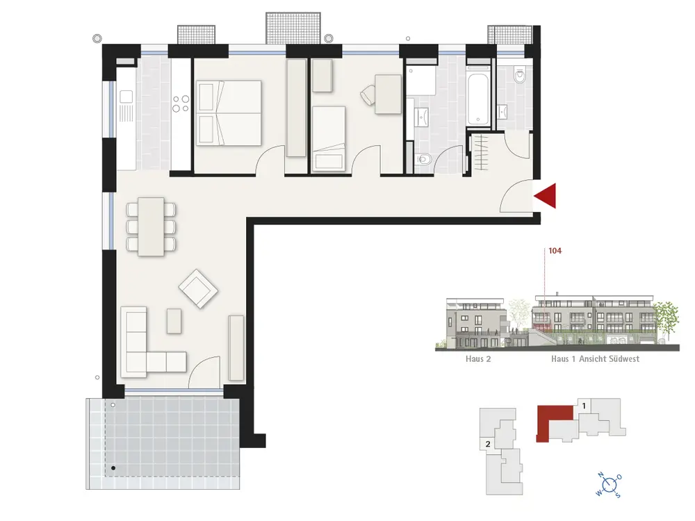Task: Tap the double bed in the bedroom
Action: point(229,113)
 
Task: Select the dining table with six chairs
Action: point(151,227)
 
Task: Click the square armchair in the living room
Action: point(198,289)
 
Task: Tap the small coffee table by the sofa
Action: point(174,321)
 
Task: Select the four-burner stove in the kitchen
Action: point(181,104)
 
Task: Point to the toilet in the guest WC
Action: point(519,76)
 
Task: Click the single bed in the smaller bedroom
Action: point(329,139)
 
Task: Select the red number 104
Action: point(555,251)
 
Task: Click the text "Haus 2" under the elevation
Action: point(478,359)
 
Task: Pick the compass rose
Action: point(610,485)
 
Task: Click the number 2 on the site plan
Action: point(488,444)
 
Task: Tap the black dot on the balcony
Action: point(113,468)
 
